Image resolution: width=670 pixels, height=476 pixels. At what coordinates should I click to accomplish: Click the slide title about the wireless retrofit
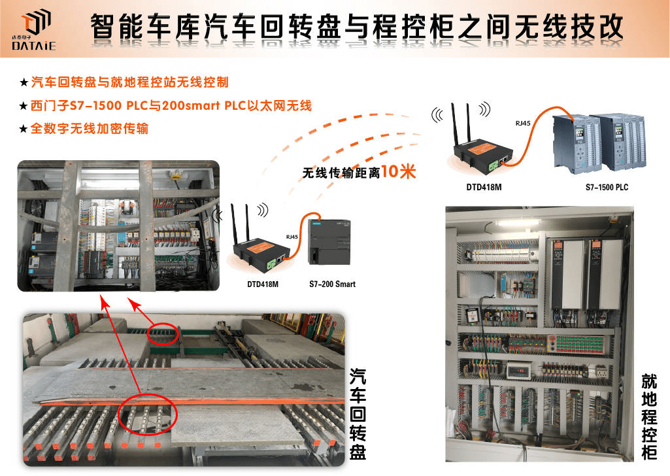pos(357,27)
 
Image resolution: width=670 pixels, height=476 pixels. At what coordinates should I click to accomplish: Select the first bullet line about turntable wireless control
pos(124,82)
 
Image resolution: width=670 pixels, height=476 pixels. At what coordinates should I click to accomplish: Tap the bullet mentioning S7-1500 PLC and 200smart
pos(166,105)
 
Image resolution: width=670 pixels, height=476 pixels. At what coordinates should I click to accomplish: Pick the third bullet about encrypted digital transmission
pos(84,128)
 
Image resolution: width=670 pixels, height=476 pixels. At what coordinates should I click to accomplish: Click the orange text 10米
pos(398,171)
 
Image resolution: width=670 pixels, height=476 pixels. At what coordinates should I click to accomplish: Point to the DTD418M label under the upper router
pos(484,187)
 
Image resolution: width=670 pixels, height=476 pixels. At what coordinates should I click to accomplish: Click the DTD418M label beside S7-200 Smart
pos(263,284)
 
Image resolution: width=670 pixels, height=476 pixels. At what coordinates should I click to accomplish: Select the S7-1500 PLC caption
pos(607,187)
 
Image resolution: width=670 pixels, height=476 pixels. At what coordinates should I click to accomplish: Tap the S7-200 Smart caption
pos(333,284)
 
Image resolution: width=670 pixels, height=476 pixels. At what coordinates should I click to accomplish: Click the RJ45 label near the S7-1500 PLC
pos(522,123)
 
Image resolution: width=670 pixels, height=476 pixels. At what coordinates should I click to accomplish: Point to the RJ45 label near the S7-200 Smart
pos(292,236)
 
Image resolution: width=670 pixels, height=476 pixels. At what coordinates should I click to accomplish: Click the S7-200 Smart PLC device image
pos(329,242)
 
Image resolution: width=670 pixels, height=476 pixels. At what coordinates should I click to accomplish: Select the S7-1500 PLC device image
pos(599,143)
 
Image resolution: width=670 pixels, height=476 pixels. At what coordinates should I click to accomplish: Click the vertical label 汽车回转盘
pos(358,414)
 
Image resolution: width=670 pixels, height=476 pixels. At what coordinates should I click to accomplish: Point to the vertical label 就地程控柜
pos(649,416)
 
